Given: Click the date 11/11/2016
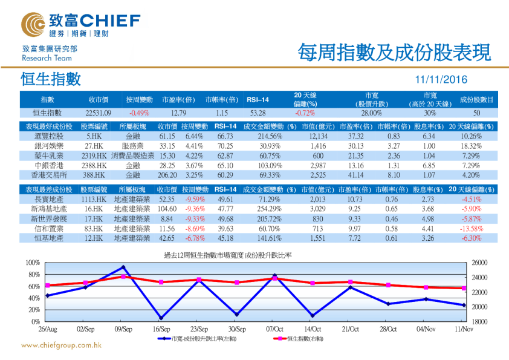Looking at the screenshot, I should coord(441,79).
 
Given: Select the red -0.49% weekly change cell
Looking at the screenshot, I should coord(139,113).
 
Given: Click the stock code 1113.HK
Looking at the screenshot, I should coord(94,199).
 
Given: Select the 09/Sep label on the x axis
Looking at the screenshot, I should coord(123,329).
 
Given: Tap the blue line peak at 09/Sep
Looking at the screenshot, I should coord(123,267).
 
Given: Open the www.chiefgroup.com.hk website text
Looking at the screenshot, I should coord(61,345).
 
